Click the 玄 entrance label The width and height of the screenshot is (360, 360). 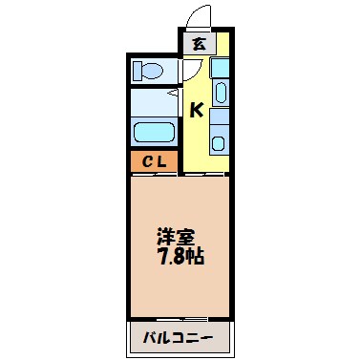point(198,45)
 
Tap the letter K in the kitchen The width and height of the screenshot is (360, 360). point(195,111)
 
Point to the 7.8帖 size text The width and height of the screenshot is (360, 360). point(181,257)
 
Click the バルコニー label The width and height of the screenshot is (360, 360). point(180,337)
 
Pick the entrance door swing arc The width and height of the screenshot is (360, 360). point(198,17)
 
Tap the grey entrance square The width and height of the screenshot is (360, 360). point(198,45)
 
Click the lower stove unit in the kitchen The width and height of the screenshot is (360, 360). point(219,142)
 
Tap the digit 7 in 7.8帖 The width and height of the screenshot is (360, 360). point(164,257)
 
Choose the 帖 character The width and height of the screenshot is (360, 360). point(197,257)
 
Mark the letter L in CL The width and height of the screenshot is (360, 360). point(161,160)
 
